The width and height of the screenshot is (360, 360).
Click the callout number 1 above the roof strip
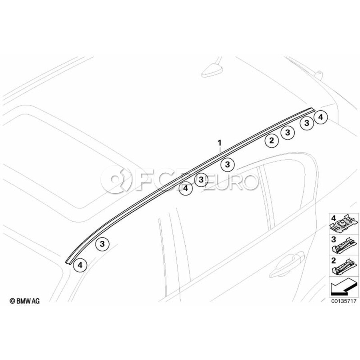(x=220, y=143)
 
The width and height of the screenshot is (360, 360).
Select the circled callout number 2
(x=272, y=140)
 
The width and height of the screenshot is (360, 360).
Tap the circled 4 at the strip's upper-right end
(x=320, y=117)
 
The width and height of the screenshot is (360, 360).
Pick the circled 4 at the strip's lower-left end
(x=80, y=265)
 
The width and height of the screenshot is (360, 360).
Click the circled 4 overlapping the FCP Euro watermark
(x=186, y=188)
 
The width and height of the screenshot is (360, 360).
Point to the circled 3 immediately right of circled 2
(x=288, y=132)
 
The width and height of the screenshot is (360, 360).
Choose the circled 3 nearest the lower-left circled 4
(x=102, y=244)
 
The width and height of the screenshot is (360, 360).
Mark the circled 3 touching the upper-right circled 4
(x=307, y=123)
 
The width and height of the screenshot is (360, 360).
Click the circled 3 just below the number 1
(x=227, y=164)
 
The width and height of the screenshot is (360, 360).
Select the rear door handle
(x=287, y=264)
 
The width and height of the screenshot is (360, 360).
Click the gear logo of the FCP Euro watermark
(x=117, y=180)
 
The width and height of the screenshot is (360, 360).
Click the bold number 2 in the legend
(x=334, y=260)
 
